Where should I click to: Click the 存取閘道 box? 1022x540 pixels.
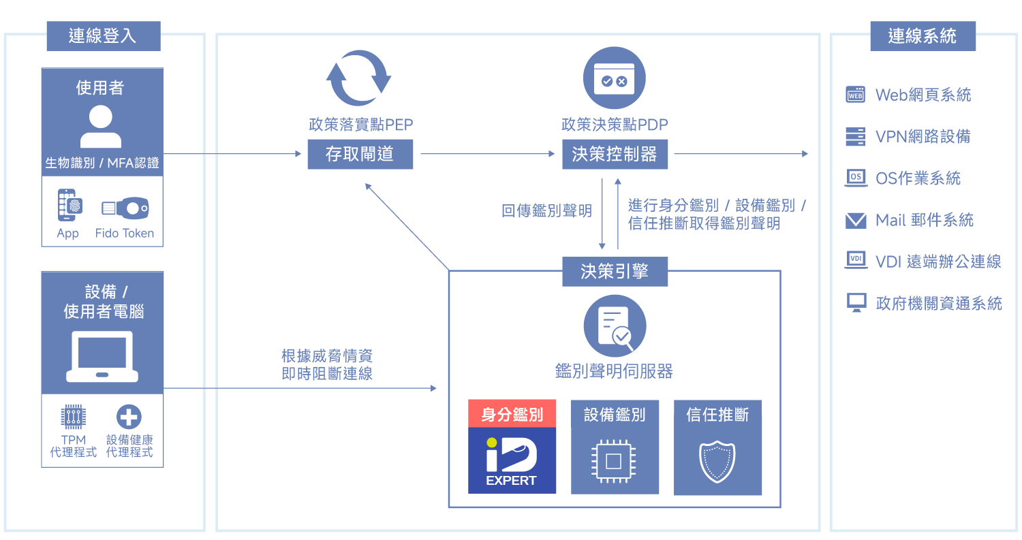coord(360,154)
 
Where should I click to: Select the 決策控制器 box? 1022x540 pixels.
coord(615,154)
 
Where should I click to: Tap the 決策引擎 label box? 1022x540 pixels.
coord(615,272)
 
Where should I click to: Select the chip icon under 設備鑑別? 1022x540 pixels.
coord(614,461)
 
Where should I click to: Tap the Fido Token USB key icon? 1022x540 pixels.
coord(125,208)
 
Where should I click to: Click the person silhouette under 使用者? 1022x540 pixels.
coord(101,127)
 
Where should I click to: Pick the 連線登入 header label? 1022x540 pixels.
coord(103,36)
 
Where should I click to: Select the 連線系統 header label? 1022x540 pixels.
coord(923,36)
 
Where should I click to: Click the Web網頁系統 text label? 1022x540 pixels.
coord(923,95)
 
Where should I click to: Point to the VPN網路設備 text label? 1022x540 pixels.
coord(923,136)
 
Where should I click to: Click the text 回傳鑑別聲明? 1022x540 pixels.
coord(546,210)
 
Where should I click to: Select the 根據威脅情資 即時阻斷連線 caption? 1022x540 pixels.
coord(327,365)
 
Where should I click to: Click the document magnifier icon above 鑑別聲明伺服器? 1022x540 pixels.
coord(614,326)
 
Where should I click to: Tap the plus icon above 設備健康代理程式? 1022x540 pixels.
coord(129,417)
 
